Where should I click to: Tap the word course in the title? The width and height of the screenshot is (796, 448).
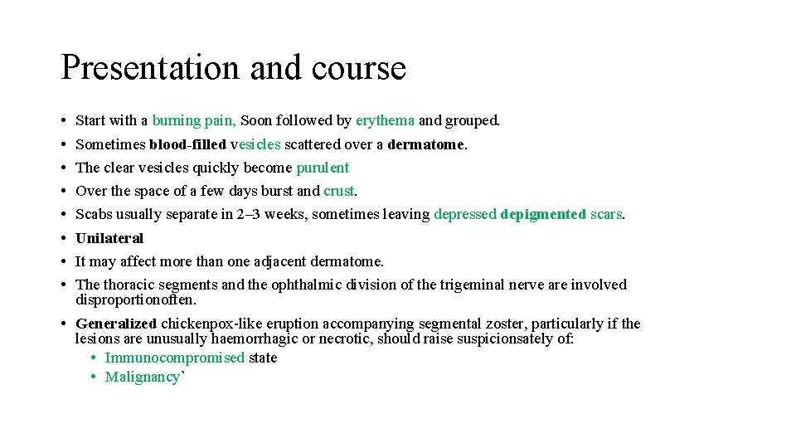click(359, 68)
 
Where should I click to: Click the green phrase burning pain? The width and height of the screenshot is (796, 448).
click(193, 121)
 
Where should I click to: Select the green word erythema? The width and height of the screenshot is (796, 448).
click(385, 121)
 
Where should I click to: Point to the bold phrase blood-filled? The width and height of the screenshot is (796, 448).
click(187, 144)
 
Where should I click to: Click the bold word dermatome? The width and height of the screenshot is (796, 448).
click(425, 144)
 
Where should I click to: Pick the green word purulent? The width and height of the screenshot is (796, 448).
click(323, 168)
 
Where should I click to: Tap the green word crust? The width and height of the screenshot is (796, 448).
click(338, 191)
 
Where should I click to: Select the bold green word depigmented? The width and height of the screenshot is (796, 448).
click(543, 214)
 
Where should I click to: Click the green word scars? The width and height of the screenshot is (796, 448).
click(606, 214)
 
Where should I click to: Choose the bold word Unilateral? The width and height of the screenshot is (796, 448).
click(109, 238)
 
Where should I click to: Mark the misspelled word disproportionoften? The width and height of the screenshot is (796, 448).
click(135, 299)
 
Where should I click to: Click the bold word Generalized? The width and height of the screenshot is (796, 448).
click(116, 324)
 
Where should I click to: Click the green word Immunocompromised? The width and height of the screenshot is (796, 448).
click(175, 358)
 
